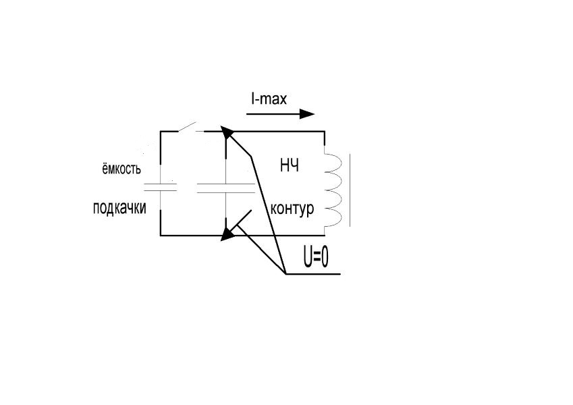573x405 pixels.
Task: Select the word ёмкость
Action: tap(117, 169)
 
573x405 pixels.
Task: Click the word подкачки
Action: tap(119, 209)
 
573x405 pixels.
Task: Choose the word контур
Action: tap(292, 209)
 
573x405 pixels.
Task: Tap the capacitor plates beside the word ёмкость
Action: tap(161, 187)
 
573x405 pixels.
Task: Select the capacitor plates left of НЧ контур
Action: tap(225, 187)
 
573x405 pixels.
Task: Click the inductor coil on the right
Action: tap(333, 188)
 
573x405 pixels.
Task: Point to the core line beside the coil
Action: tap(350, 189)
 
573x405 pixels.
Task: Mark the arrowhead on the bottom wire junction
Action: tap(228, 234)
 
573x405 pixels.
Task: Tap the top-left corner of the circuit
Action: tap(161, 132)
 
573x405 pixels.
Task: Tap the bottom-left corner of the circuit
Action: tap(161, 235)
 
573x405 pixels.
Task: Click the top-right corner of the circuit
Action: tap(325, 132)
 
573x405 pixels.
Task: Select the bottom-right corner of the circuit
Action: tap(325, 235)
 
